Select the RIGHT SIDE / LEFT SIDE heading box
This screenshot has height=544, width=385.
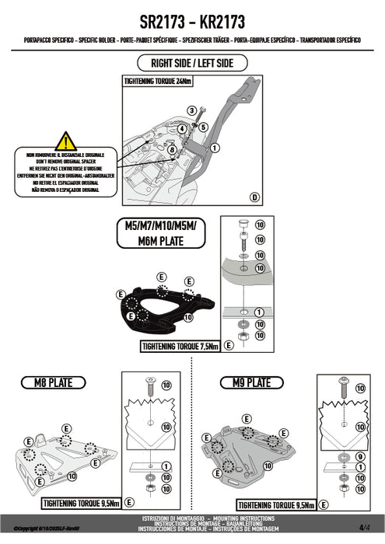click(x=192, y=63)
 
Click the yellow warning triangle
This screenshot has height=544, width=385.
click(x=66, y=141)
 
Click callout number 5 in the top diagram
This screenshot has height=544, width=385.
click(x=202, y=126)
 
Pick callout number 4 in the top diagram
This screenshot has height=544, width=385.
click(x=180, y=127)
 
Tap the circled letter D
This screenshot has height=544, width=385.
click(x=254, y=197)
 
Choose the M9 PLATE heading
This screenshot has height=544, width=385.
click(x=246, y=382)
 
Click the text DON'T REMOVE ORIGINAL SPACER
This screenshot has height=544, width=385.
click(x=66, y=161)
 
